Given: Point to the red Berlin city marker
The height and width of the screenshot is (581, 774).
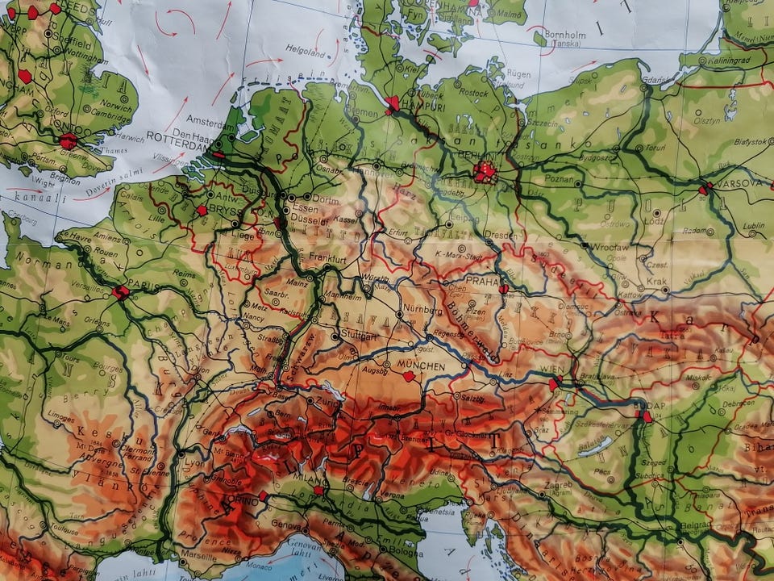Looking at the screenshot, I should [485, 171].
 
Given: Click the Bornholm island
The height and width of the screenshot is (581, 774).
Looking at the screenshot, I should [540, 37].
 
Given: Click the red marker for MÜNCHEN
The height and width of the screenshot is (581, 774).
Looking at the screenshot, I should [409, 376].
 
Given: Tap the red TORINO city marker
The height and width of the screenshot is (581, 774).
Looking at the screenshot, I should [263, 495].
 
